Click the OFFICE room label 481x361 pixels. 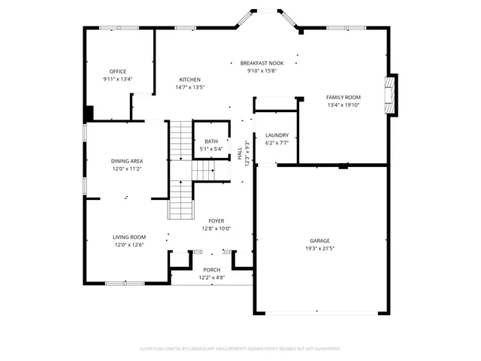117,71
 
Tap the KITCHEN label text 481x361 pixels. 189,80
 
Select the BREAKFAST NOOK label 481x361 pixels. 262,63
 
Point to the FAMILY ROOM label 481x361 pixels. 343,98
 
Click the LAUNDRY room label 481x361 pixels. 277,135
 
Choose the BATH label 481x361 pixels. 211,141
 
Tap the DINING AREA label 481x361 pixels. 127,161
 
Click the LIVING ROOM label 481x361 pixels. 129,237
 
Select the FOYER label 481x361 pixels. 216,221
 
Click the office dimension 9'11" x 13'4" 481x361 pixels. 117,79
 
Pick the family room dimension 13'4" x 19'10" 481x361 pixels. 343,105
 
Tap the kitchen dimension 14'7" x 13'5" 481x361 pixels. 189,87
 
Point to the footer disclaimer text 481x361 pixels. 240,349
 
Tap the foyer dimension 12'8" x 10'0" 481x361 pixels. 216,229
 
